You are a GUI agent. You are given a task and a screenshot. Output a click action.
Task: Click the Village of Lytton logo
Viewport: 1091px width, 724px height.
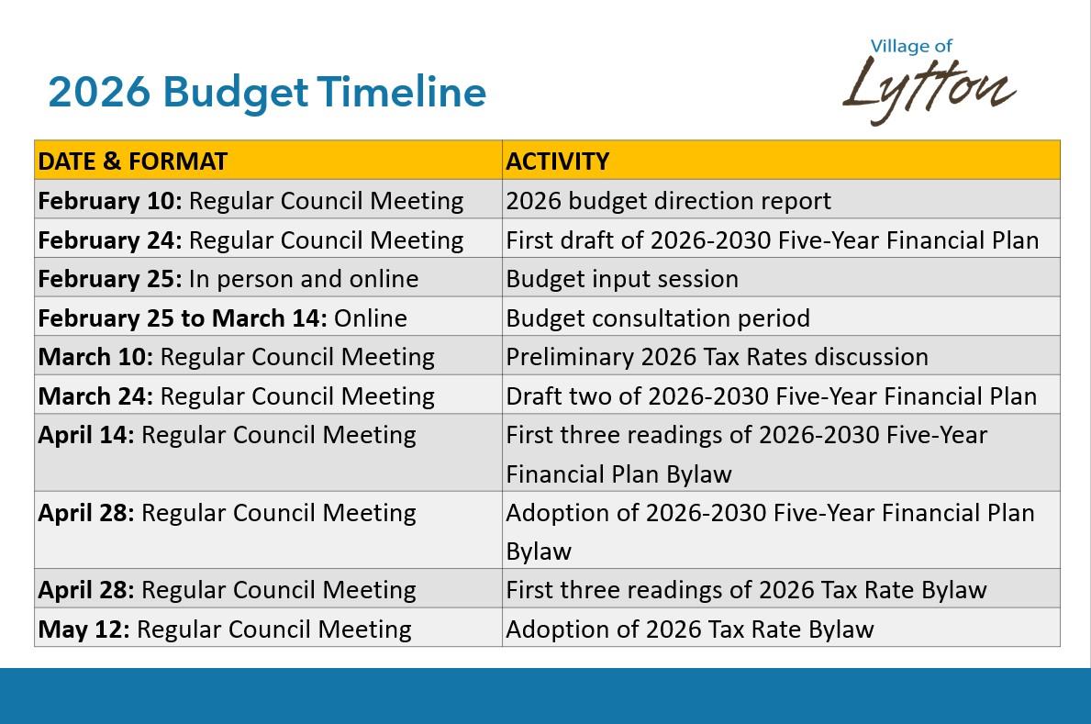click(x=928, y=82)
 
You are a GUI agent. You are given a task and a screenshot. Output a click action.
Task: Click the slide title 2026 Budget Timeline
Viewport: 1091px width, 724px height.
click(x=267, y=93)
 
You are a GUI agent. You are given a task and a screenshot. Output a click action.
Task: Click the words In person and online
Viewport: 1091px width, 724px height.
click(x=303, y=279)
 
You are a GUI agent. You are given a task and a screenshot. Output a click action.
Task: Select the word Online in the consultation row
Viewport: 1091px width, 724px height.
click(x=370, y=318)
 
